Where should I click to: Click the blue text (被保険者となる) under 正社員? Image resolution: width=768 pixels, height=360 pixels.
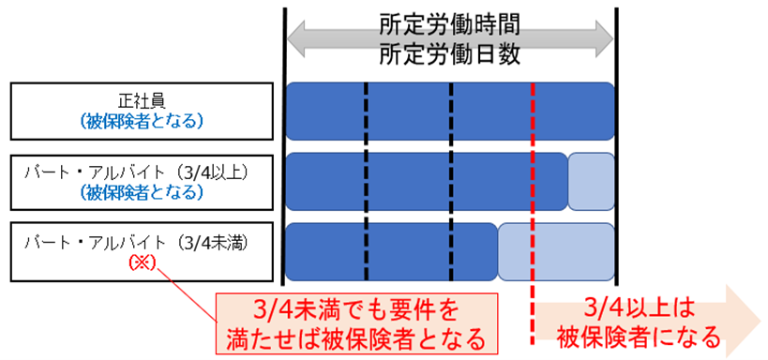[142, 121]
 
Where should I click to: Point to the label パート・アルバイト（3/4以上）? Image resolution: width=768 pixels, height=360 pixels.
[142, 174]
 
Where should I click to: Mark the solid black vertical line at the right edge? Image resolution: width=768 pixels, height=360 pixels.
[617, 141]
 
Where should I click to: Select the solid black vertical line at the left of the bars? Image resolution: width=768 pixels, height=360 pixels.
[283, 141]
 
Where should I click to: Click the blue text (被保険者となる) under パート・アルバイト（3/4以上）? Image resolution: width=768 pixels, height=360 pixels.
[142, 192]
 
